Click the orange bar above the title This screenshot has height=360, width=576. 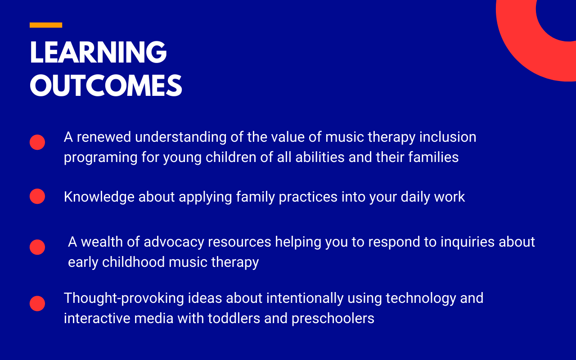(46, 25)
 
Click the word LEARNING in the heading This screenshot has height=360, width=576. (99, 52)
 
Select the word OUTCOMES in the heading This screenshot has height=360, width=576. (106, 85)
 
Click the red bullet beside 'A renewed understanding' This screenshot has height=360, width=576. (37, 142)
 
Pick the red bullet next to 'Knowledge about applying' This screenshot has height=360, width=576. (37, 196)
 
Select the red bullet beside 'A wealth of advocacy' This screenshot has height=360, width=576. (37, 247)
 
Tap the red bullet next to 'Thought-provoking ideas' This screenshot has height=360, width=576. (37, 303)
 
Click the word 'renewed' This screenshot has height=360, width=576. (104, 137)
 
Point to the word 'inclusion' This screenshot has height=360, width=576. (448, 137)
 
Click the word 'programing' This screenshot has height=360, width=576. (100, 157)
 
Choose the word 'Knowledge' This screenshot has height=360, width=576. (99, 197)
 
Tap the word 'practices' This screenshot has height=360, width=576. (308, 197)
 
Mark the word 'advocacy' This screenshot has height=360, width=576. (174, 242)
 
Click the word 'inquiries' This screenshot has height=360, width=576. (468, 242)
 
